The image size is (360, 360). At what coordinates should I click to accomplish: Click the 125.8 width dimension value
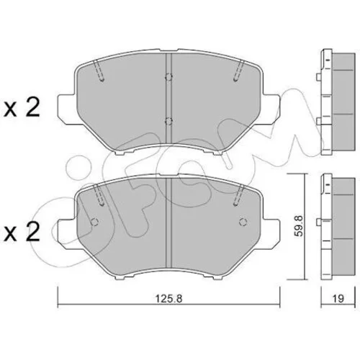(x=169, y=299)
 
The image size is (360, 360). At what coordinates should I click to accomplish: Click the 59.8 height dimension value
(x=299, y=226)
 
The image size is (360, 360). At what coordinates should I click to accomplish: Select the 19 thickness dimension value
(x=338, y=299)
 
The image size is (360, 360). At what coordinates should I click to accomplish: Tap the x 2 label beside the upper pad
(x=22, y=108)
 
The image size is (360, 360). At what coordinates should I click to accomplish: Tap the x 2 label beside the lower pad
(x=22, y=232)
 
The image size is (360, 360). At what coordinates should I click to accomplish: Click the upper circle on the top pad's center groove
(x=168, y=77)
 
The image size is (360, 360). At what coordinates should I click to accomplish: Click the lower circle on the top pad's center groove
(x=168, y=122)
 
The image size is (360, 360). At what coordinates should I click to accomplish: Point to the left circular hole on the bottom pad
(x=95, y=222)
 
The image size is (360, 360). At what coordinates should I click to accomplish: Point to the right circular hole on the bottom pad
(x=243, y=222)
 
